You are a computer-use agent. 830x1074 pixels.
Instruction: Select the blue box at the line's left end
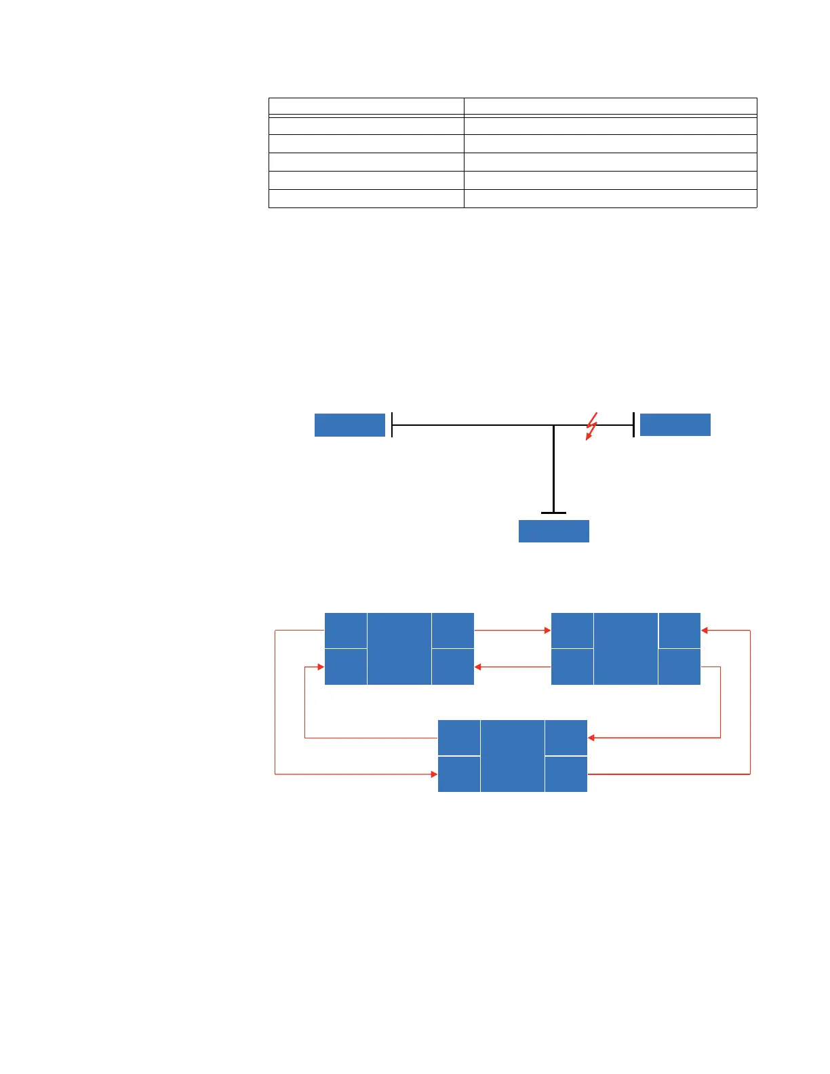350,425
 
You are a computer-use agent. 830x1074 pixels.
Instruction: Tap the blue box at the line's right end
675,424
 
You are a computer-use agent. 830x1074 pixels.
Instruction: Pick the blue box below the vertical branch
554,531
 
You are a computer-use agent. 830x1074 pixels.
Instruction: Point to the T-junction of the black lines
554,426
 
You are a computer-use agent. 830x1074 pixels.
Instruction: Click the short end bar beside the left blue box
392,425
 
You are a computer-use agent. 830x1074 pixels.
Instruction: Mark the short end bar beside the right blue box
633,424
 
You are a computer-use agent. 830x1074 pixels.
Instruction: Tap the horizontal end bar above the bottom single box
554,513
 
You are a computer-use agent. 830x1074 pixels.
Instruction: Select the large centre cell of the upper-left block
399,649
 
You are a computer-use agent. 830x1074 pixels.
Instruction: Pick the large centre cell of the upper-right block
626,649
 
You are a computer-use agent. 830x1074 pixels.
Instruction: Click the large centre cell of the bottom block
513,756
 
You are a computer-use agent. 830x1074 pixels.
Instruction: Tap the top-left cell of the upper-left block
346,631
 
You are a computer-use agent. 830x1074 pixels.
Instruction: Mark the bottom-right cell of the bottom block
566,774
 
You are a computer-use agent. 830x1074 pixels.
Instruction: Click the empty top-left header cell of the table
366,106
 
